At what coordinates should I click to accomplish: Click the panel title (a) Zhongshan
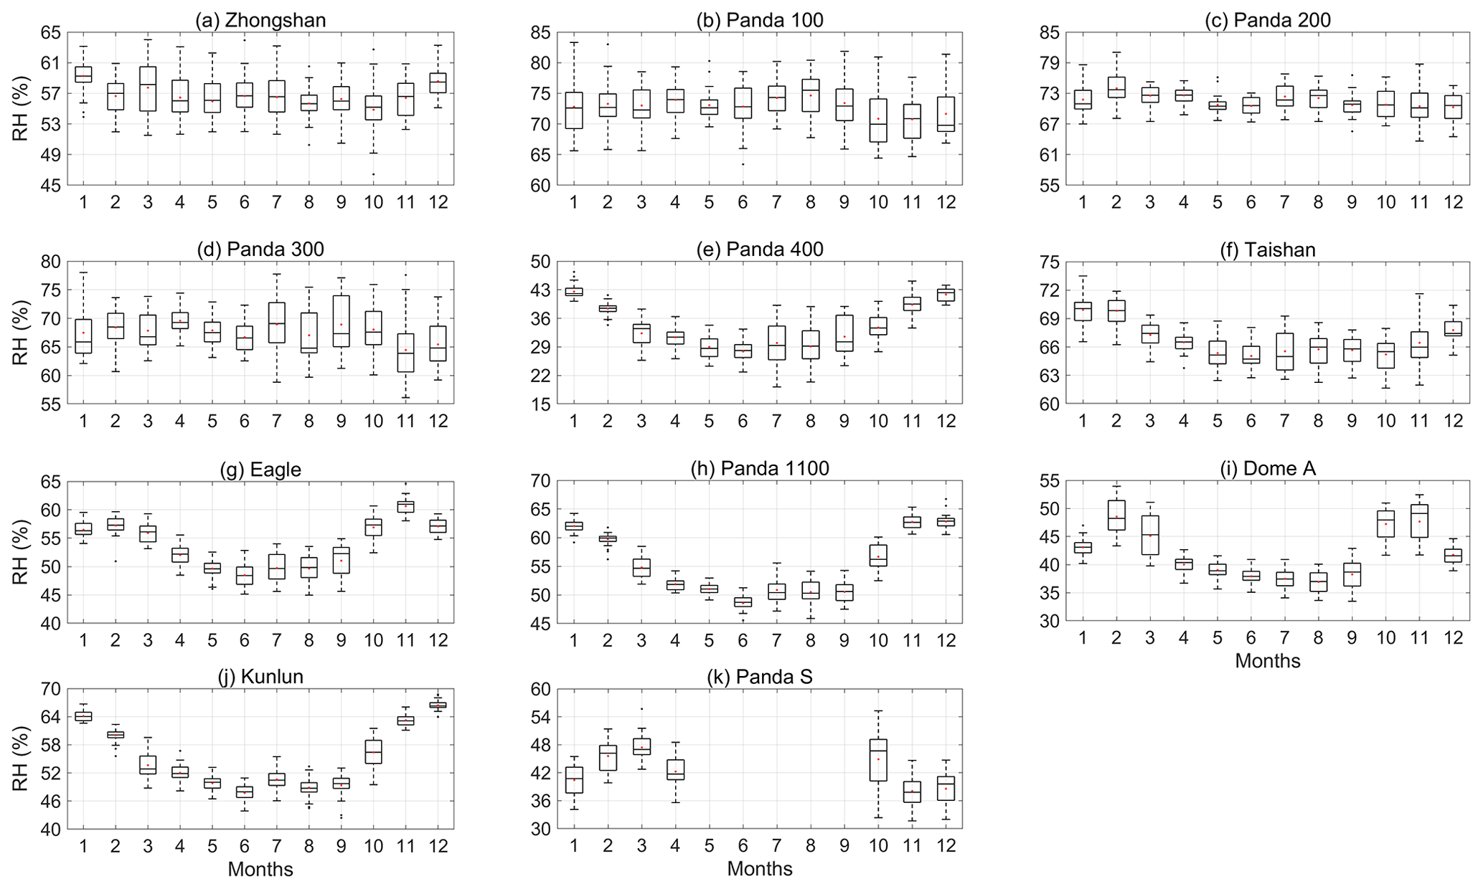pyautogui.click(x=260, y=20)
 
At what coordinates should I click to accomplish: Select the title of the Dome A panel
pyautogui.click(x=1268, y=469)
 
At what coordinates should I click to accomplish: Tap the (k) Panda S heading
pyautogui.click(x=760, y=677)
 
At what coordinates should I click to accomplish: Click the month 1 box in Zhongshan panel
pyautogui.click(x=83, y=75)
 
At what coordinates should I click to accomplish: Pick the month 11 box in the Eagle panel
pyautogui.click(x=405, y=506)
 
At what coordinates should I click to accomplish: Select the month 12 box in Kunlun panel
pyautogui.click(x=438, y=705)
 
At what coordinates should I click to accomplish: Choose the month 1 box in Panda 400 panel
pyautogui.click(x=574, y=291)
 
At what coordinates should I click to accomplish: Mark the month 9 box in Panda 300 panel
pyautogui.click(x=341, y=321)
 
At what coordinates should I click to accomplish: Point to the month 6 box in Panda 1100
pyautogui.click(x=743, y=602)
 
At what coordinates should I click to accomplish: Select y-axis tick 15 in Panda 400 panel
pyautogui.click(x=542, y=404)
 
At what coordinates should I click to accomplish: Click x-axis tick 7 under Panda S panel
pyautogui.click(x=776, y=846)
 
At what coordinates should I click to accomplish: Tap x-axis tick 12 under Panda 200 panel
pyautogui.click(x=1453, y=202)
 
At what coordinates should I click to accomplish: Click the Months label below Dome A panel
pyautogui.click(x=1268, y=660)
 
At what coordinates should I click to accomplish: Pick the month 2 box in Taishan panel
pyautogui.click(x=1116, y=310)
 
